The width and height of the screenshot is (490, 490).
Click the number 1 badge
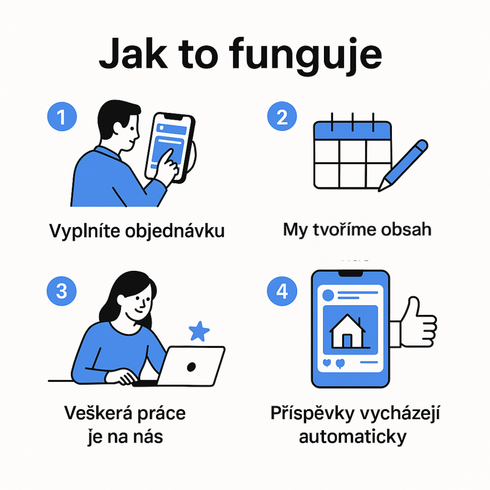pos(62,117)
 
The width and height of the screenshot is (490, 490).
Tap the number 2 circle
pos(282,116)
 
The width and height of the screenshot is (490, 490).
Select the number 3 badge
pos(62,291)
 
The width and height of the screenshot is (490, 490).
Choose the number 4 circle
pos(282,291)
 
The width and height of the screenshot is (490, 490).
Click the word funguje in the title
pos(306,56)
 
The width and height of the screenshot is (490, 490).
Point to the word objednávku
pos(175,231)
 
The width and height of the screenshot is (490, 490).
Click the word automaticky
pos(353,437)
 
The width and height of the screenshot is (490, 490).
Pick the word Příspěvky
pos(313,413)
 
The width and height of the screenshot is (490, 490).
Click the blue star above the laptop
pos(199,331)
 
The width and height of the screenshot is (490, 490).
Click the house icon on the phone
pos(348,331)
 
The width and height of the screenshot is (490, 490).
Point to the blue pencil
pos(403,165)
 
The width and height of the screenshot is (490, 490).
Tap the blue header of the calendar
pos(353,130)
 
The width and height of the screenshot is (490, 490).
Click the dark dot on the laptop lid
pos(191,367)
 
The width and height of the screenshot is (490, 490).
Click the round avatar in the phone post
pos(328,295)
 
